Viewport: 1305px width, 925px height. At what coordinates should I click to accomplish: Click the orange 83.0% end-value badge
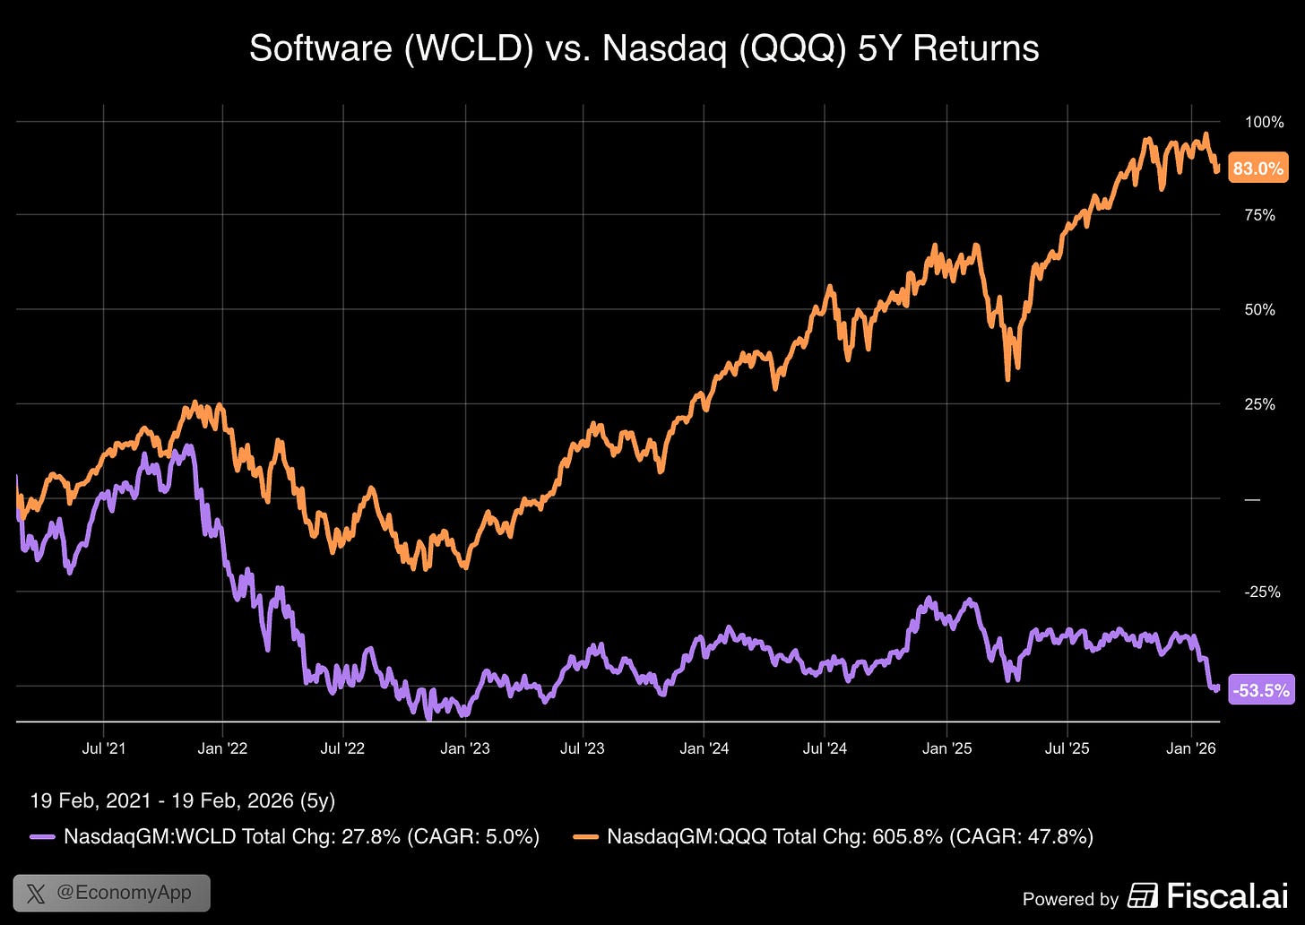tap(1258, 168)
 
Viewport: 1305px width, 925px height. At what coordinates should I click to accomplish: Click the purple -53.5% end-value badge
tap(1261, 689)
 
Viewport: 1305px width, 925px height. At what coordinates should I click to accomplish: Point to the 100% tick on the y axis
tap(1264, 122)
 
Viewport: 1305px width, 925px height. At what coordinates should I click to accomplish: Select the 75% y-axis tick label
tap(1259, 215)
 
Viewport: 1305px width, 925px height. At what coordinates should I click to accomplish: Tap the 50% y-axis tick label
tap(1259, 310)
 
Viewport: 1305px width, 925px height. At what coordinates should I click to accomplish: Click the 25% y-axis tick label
tap(1259, 404)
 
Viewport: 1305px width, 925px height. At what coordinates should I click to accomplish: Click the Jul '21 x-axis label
tap(104, 748)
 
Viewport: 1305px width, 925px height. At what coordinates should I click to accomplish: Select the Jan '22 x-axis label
tap(222, 748)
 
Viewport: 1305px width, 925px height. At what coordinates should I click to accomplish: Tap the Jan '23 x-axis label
tap(464, 748)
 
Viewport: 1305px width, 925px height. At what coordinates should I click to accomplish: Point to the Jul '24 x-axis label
tap(825, 748)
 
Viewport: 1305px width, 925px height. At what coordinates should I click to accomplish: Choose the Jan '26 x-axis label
tap(1191, 748)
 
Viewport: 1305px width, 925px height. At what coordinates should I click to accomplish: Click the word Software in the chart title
tap(320, 48)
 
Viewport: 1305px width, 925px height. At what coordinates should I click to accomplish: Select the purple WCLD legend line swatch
tap(42, 837)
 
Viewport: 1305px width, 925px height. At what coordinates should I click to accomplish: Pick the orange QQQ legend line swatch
tap(585, 837)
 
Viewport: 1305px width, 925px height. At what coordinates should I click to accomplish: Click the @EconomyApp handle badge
tap(111, 893)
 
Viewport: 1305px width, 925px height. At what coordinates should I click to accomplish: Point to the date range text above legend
tap(182, 800)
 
